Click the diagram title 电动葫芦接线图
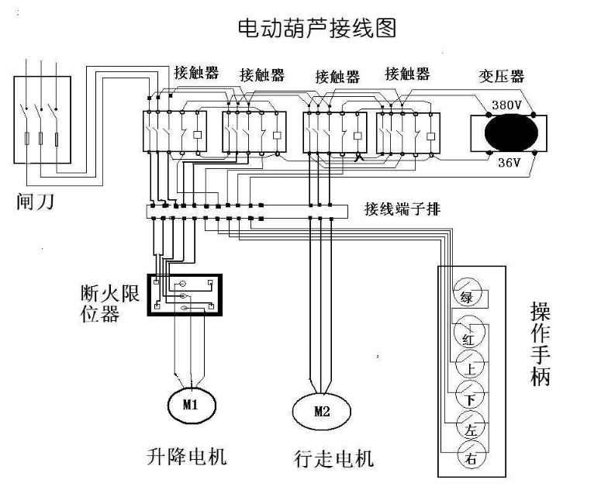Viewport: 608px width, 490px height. [x=316, y=28]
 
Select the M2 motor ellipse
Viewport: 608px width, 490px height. [x=321, y=411]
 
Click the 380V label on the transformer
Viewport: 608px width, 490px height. [x=506, y=105]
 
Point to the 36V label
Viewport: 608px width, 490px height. [x=509, y=163]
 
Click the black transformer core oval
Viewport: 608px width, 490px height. [x=511, y=133]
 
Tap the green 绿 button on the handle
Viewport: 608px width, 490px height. [x=467, y=293]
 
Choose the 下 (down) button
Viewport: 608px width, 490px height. [x=470, y=395]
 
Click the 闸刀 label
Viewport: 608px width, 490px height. [x=35, y=202]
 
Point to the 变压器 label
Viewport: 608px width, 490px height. [x=501, y=76]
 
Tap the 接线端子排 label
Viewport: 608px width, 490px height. [x=402, y=209]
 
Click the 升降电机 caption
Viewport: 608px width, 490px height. [x=186, y=456]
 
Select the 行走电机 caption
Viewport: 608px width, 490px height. [x=333, y=459]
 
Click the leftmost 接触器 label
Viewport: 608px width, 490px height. [x=196, y=73]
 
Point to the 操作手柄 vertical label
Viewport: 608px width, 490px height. [x=540, y=344]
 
